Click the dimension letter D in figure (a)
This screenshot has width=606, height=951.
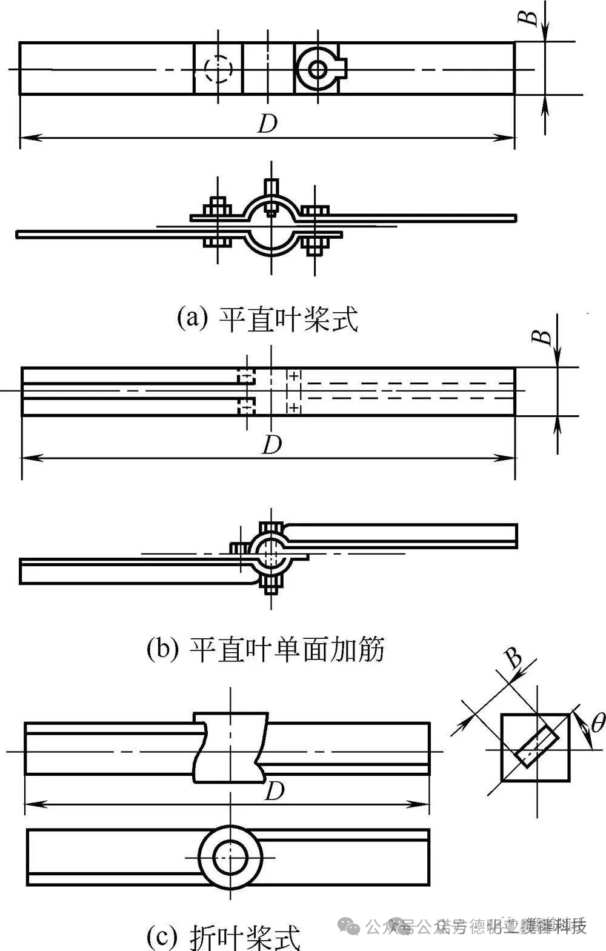(267, 123)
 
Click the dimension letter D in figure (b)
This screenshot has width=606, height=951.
(271, 445)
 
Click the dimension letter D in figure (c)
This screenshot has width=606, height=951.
(275, 790)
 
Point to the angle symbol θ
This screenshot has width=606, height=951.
(597, 722)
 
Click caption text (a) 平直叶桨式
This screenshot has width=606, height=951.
(267, 318)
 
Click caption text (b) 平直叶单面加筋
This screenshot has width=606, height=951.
(265, 650)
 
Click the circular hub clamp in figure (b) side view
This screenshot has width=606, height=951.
(270, 553)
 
